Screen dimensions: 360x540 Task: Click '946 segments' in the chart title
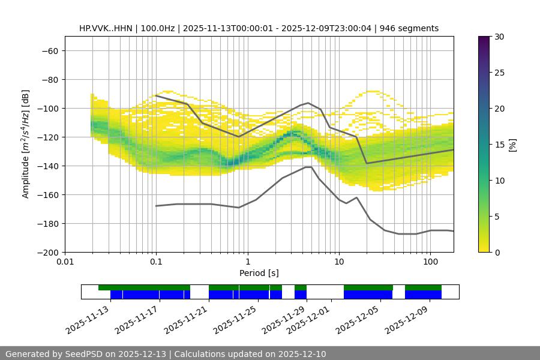(412, 28)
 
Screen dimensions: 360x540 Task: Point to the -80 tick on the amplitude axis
(49, 79)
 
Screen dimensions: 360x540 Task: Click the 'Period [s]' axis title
(259, 273)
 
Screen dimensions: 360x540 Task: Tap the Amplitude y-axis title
(26, 144)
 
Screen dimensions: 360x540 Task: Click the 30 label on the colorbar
(499, 37)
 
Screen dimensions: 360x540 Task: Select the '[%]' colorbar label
(512, 145)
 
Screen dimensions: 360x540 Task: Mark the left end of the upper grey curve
(156, 95)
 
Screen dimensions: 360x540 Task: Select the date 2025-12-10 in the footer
(301, 354)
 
